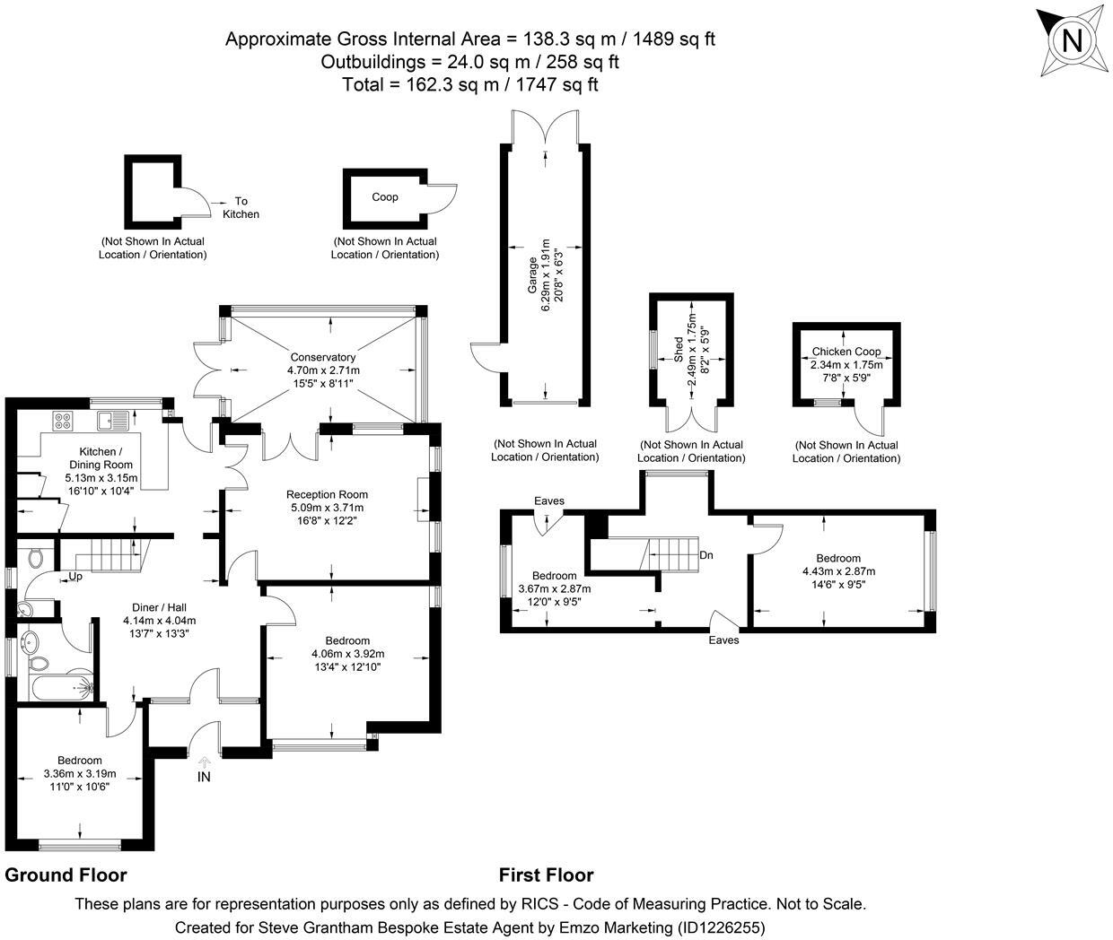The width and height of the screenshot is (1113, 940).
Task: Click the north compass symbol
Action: pyautogui.click(x=1071, y=41)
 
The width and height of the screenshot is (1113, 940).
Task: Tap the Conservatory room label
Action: pyautogui.click(x=323, y=357)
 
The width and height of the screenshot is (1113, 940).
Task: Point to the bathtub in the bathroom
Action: pyautogui.click(x=58, y=689)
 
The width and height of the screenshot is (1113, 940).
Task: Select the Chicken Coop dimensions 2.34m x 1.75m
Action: pyautogui.click(x=846, y=365)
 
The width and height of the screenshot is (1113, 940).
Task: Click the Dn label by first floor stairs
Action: pyautogui.click(x=706, y=555)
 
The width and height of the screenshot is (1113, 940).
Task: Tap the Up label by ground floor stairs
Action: pyautogui.click(x=75, y=577)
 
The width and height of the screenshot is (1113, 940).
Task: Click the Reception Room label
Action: pyautogui.click(x=327, y=494)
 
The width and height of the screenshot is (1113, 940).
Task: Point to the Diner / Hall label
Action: pyautogui.click(x=159, y=606)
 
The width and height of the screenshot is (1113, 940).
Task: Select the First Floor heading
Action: pyautogui.click(x=546, y=875)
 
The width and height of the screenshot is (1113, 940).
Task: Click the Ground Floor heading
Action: pyautogui.click(x=66, y=875)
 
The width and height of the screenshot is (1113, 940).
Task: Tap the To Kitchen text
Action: pyautogui.click(x=241, y=207)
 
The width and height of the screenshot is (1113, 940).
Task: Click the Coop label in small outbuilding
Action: pyautogui.click(x=385, y=196)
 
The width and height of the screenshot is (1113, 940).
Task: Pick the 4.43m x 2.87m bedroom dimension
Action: pyautogui.click(x=838, y=571)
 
